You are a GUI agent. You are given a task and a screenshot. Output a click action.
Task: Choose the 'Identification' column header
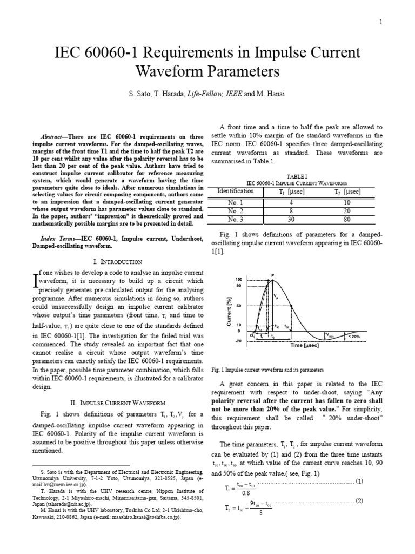click(x=235, y=191)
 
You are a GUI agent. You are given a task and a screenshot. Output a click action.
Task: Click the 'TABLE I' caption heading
click(x=297, y=177)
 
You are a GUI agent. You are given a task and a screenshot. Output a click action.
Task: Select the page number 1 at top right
click(x=381, y=22)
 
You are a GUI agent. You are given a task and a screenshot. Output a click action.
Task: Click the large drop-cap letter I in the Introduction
click(x=36, y=282)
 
